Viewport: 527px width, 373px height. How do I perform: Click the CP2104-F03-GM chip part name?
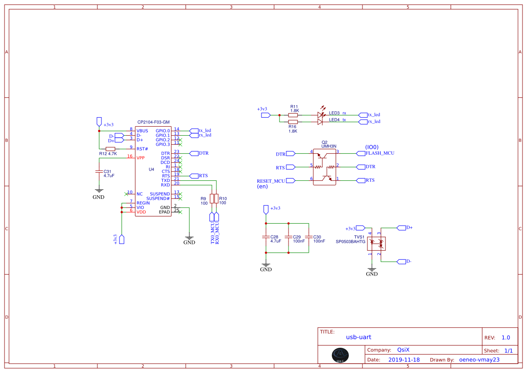pyautogui.click(x=153, y=122)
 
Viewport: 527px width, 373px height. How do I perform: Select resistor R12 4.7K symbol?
pyautogui.click(x=110, y=149)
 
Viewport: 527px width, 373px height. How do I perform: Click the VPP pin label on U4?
pyautogui.click(x=141, y=158)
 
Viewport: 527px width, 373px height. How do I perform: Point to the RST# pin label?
pyautogui.click(x=142, y=149)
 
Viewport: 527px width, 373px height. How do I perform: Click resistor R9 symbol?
pyautogui.click(x=212, y=199)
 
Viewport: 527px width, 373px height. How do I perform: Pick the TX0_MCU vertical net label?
pyautogui.click(x=212, y=233)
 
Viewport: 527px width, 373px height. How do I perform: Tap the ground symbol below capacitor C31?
pyautogui.click(x=99, y=192)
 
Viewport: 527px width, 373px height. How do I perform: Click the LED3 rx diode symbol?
pyautogui.click(x=320, y=115)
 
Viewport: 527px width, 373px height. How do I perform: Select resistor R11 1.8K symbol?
pyautogui.click(x=293, y=115)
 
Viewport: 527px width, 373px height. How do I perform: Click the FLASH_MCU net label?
pyautogui.click(x=380, y=153)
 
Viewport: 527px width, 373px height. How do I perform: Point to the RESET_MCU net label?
pyautogui.click(x=270, y=181)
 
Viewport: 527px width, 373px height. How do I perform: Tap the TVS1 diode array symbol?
pyautogui.click(x=376, y=244)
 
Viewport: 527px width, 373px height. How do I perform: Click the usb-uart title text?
pyautogui.click(x=358, y=337)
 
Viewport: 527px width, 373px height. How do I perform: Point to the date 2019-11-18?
pyautogui.click(x=404, y=360)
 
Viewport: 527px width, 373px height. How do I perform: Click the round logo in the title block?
pyautogui.click(x=340, y=355)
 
